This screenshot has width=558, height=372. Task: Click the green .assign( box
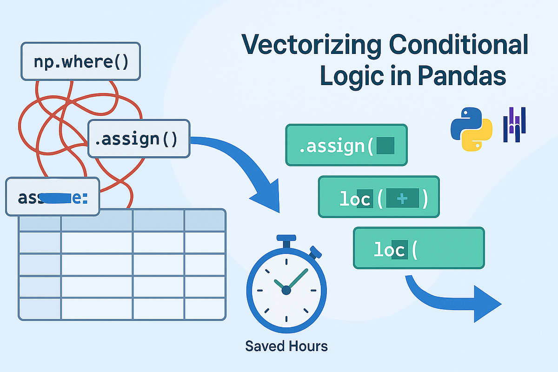[346, 145]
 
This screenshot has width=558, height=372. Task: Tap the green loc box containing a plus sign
[379, 197]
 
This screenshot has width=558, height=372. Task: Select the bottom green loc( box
[418, 248]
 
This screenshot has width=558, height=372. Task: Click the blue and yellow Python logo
[471, 129]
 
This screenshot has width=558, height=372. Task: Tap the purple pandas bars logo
[515, 124]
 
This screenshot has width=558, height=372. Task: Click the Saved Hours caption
[286, 346]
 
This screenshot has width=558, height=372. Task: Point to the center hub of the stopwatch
[286, 290]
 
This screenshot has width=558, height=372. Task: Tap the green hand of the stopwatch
[298, 279]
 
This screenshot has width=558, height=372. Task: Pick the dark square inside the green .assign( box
[385, 146]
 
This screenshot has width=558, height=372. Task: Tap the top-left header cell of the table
[40, 220]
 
